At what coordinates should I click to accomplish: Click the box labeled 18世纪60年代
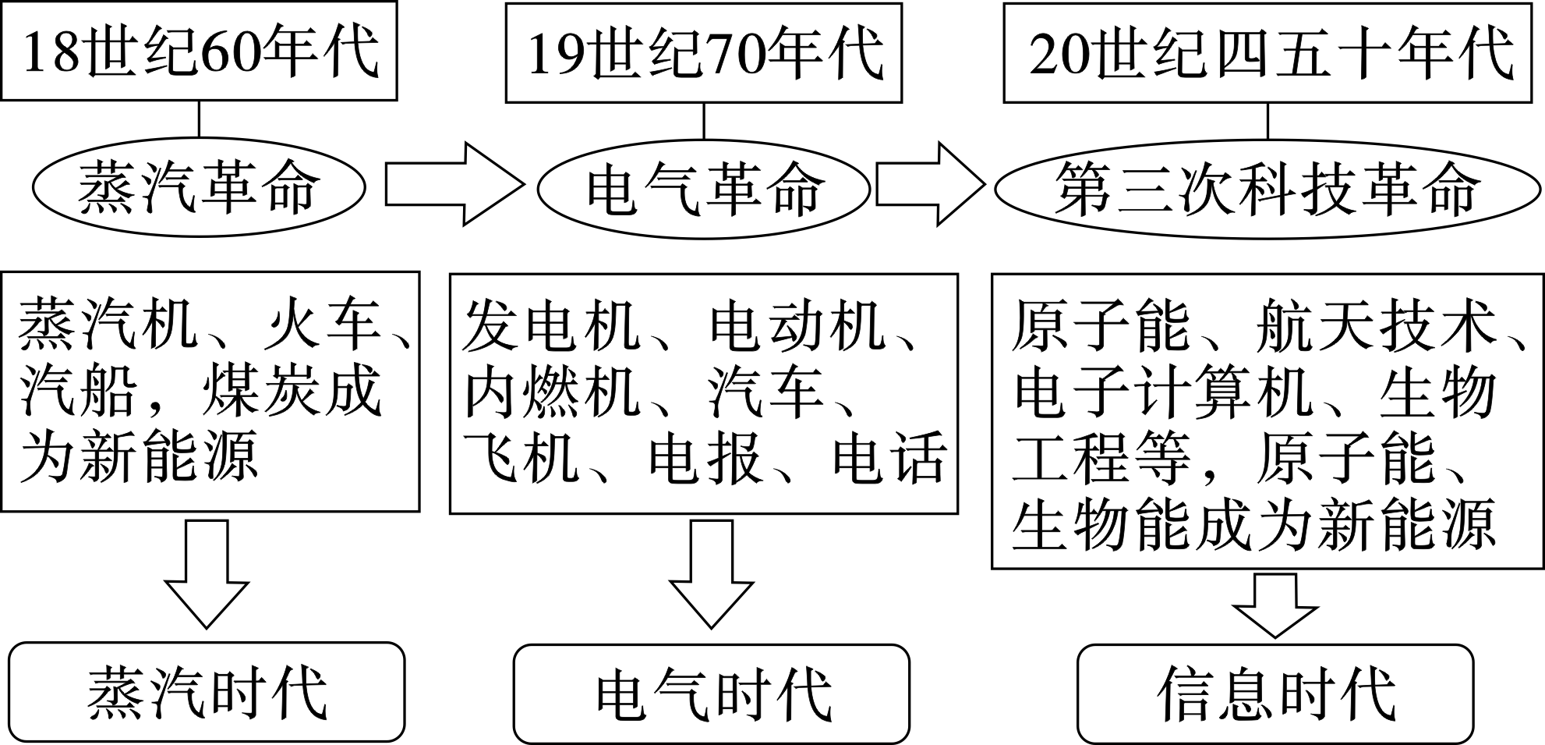pos(199,51)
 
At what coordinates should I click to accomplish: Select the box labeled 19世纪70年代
pos(703,53)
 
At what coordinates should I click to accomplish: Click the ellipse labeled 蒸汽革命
pos(199,187)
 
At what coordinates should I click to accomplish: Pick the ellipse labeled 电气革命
pos(703,188)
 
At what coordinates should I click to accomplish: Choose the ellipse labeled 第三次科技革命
pos(1267,188)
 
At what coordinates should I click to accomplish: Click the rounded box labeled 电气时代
pos(711,694)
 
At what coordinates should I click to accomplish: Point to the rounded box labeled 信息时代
pos(1275,694)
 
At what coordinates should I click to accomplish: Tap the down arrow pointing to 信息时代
pos(1275,605)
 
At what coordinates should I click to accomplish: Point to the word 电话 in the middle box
pos(889,458)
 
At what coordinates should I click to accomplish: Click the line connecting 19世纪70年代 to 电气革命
pos(704,121)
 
